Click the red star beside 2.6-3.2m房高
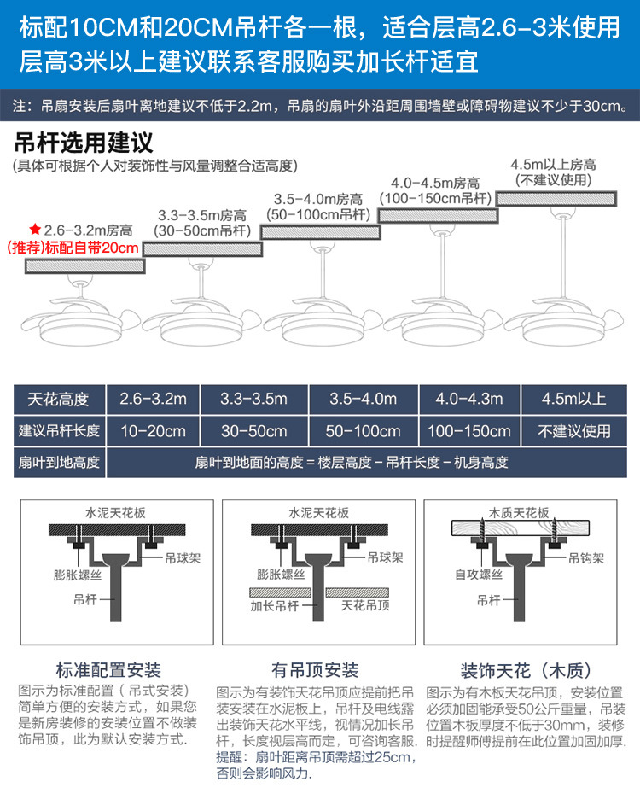35,230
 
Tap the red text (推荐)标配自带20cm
73,248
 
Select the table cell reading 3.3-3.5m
253,399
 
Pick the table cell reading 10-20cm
154,430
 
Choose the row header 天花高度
59,399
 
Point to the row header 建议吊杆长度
59,430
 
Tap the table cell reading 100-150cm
469,430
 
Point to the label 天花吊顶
364,607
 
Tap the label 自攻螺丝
477,575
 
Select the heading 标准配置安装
108,670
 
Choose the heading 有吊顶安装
315,670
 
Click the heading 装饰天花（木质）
526,670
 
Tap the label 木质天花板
518,513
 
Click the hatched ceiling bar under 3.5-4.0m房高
320,232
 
